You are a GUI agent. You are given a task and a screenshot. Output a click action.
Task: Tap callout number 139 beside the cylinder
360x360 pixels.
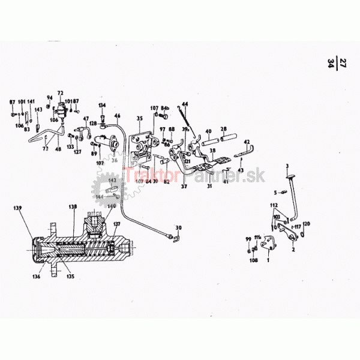click(19, 208)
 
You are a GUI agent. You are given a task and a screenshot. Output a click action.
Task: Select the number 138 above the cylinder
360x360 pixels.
click(73, 207)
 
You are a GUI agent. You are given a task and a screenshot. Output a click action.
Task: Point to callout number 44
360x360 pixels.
click(185, 105)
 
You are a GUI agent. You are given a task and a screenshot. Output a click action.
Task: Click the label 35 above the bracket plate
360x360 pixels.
click(139, 119)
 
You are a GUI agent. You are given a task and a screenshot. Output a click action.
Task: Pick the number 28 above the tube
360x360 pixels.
click(223, 130)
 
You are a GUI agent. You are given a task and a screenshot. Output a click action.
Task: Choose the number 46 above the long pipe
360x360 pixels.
click(118, 116)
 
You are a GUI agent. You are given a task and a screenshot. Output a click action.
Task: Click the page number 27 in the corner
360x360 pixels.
click(343, 62)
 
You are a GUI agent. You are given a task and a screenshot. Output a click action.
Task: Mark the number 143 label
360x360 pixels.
click(39, 109)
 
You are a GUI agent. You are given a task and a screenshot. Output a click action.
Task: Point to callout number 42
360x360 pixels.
click(246, 142)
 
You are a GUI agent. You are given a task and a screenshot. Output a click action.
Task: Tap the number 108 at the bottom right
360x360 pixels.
click(253, 262)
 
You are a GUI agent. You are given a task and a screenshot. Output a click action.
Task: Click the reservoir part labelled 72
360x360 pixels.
click(61, 109)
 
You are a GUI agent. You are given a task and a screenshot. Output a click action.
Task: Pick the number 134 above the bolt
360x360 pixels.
click(102, 105)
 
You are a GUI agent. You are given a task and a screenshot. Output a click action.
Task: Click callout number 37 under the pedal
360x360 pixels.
click(185, 187)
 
